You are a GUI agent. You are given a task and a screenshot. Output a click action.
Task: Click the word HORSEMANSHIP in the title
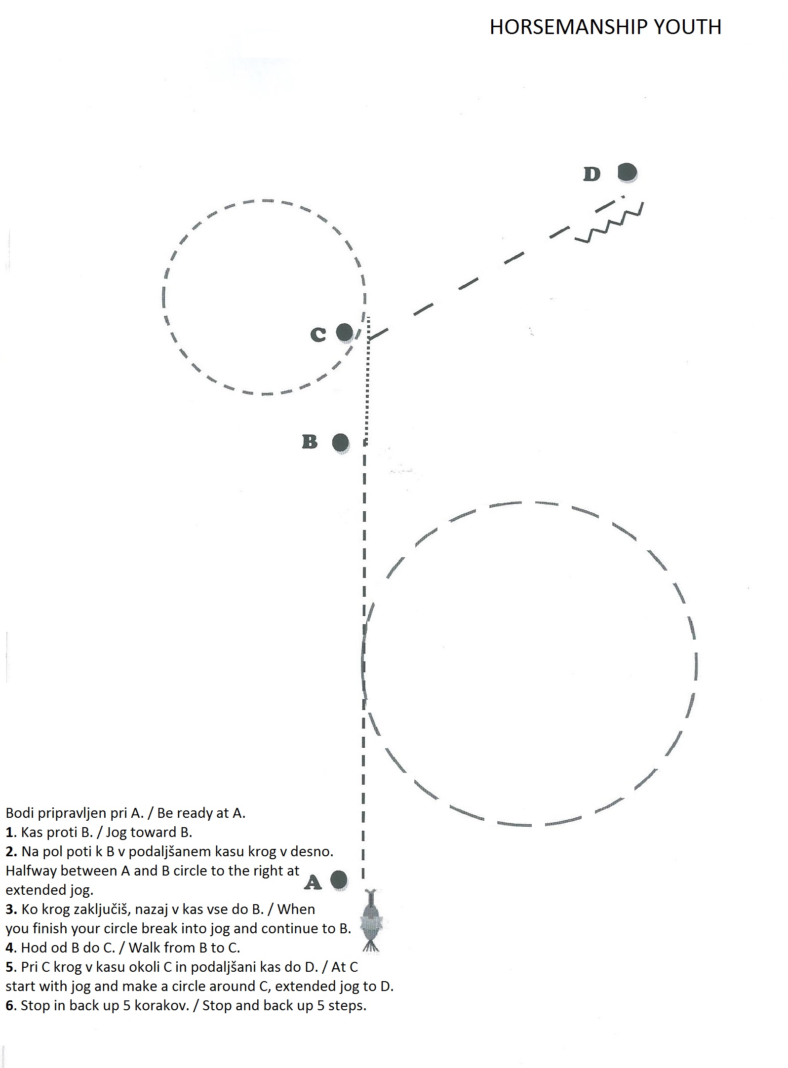(x=568, y=27)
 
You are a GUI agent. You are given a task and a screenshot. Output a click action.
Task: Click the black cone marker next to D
(x=628, y=173)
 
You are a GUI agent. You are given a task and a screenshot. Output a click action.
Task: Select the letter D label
(x=592, y=174)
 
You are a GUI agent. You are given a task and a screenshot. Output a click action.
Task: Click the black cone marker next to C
(x=345, y=333)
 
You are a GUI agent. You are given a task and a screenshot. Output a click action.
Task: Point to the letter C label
(x=318, y=335)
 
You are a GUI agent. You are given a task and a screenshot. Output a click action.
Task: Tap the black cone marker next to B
(x=341, y=443)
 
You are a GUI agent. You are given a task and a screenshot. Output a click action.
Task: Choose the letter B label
(x=310, y=441)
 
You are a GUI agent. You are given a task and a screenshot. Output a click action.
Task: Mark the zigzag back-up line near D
(x=609, y=223)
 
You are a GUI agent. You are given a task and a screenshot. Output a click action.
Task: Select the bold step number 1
(x=9, y=832)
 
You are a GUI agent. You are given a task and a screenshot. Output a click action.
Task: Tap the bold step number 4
(x=9, y=947)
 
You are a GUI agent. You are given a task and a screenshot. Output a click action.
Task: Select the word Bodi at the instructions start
(x=20, y=813)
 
